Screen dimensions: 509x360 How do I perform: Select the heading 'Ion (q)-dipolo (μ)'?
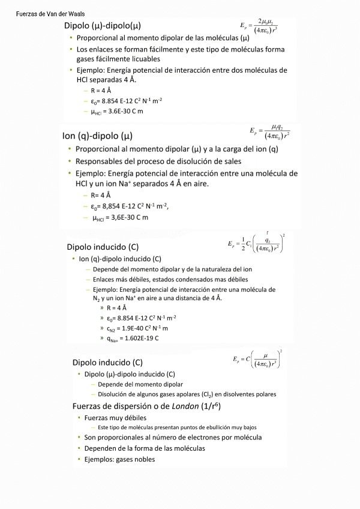tap(97, 136)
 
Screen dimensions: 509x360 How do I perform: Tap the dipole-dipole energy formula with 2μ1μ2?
tap(259, 25)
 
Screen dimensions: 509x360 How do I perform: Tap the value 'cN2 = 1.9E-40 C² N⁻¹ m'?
tap(138, 328)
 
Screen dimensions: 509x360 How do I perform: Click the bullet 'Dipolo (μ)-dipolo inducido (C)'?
tap(130, 374)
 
